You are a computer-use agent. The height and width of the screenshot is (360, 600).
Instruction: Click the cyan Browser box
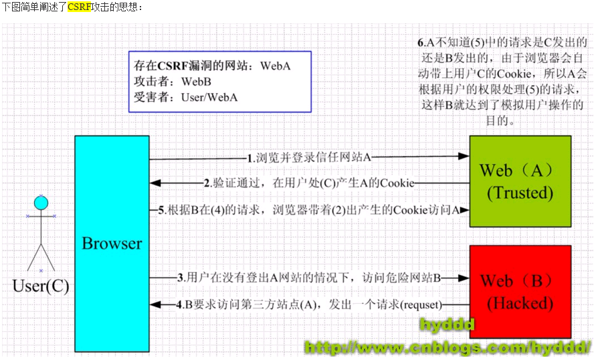coord(112,243)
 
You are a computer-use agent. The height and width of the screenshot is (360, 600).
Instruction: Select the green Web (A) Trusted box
coord(520,181)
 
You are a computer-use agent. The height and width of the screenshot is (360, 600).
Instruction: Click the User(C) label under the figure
coord(41,286)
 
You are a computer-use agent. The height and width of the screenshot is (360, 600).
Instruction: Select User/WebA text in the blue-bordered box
coord(209,97)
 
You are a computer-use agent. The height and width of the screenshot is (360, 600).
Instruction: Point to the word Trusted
coord(520,193)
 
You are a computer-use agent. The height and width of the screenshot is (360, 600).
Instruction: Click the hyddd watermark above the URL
coord(447,325)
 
